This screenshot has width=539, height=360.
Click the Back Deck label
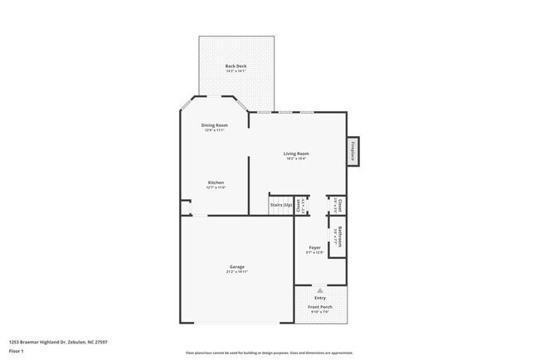tap(236, 66)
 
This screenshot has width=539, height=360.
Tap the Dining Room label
tap(214, 125)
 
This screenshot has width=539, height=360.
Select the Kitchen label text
tap(216, 182)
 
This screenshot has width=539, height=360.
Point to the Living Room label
tap(296, 153)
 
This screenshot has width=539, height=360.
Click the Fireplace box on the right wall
tap(352, 152)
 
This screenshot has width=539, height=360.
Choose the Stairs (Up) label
tap(281, 205)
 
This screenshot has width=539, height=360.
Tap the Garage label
tap(238, 266)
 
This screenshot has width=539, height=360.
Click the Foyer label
tap(314, 247)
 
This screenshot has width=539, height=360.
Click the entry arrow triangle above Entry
tap(320, 290)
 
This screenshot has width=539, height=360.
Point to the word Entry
tap(320, 298)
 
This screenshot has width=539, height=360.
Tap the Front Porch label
tap(320, 308)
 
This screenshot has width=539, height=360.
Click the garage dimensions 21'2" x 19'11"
tap(238, 272)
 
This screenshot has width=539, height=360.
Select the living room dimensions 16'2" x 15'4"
tap(296, 159)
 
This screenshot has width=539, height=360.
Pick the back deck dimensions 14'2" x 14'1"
tap(236, 71)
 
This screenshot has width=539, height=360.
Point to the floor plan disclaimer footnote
tap(269, 352)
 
